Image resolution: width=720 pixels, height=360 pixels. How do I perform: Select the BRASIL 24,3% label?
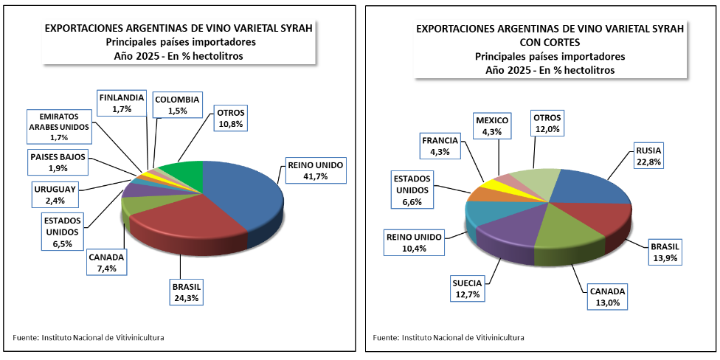point(186,292)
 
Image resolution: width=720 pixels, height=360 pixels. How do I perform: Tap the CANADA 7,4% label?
point(106,263)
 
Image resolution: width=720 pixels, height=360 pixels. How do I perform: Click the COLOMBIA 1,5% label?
point(177,105)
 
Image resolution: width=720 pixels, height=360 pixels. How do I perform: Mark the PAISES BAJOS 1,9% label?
point(59,162)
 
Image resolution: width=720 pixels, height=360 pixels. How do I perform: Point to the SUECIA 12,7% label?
point(467,288)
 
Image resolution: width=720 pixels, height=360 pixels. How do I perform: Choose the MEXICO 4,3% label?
point(491,125)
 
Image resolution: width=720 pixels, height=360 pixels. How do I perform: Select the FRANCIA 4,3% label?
point(440,146)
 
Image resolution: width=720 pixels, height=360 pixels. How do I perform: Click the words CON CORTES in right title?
point(550,42)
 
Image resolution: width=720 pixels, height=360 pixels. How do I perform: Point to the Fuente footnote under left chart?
point(89,337)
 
